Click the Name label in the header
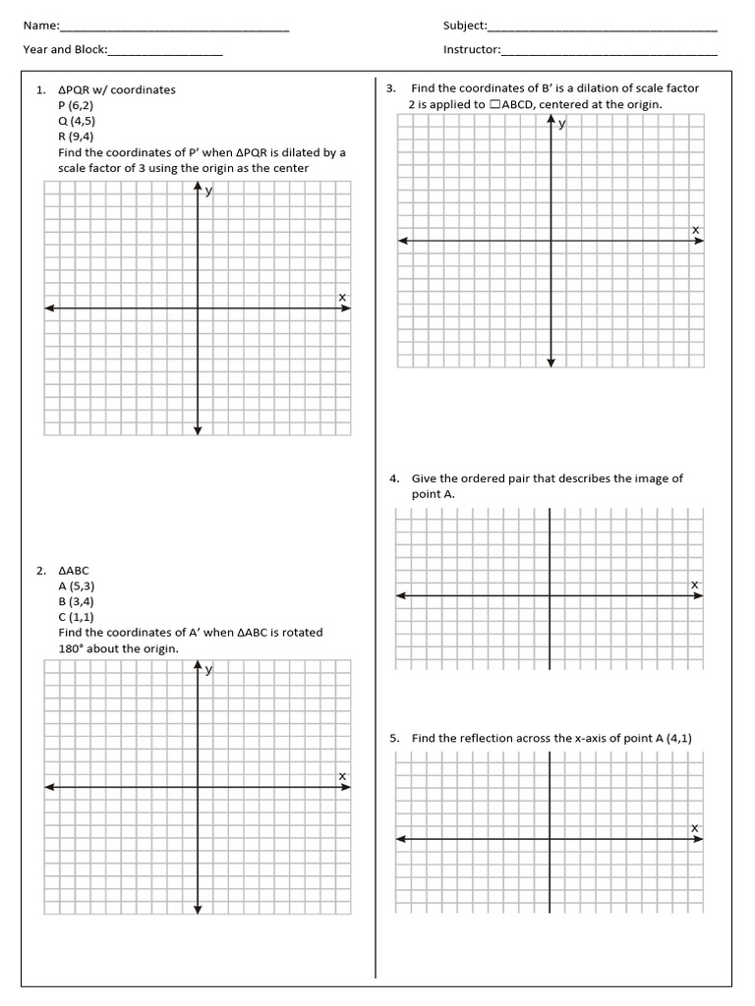[40, 26]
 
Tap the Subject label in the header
[464, 26]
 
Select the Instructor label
[471, 49]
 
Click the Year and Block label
[65, 49]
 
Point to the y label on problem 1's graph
[208, 191]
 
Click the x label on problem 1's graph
[342, 297]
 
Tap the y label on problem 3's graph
[561, 123]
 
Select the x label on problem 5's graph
[694, 827]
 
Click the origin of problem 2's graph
[198, 787]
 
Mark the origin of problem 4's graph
[550, 595]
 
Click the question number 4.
[393, 479]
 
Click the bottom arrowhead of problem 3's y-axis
[551, 363]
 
